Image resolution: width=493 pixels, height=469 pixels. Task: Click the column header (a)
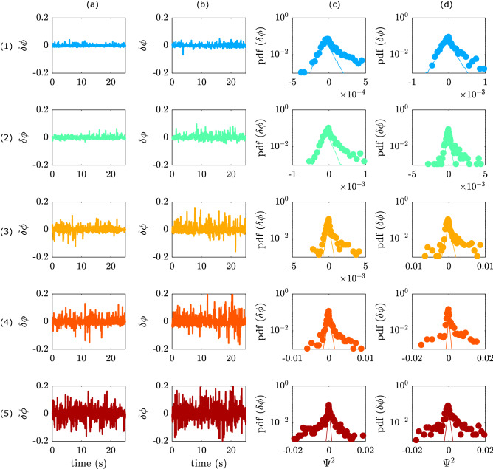pyautogui.click(x=89, y=7)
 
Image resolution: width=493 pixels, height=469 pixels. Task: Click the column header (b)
pyautogui.click(x=209, y=7)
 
